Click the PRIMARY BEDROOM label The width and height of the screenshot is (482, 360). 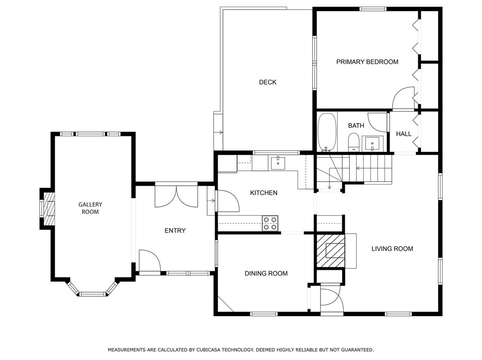[x=367, y=62]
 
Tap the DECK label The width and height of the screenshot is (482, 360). [x=268, y=82]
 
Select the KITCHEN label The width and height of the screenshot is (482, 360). [x=263, y=193]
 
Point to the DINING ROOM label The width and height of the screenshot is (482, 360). [x=266, y=274]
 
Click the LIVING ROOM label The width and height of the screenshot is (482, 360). [x=392, y=248]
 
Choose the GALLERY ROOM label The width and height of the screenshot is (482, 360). [x=90, y=208]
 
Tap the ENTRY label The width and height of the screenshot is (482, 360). [x=175, y=230]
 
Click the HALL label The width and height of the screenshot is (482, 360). [x=403, y=133]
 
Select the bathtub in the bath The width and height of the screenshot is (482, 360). [x=327, y=132]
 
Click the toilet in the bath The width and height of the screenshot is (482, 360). [x=354, y=142]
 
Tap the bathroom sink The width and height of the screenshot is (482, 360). [x=373, y=143]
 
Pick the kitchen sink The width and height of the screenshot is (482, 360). [x=278, y=163]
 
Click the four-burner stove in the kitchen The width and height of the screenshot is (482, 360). [x=270, y=223]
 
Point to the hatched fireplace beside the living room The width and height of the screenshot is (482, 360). [x=330, y=251]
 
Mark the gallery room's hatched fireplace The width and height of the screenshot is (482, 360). [x=48, y=209]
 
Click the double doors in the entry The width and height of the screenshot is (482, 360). [x=176, y=196]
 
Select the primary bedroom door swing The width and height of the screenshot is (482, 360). [x=403, y=98]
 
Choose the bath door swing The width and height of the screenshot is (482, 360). [x=377, y=121]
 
